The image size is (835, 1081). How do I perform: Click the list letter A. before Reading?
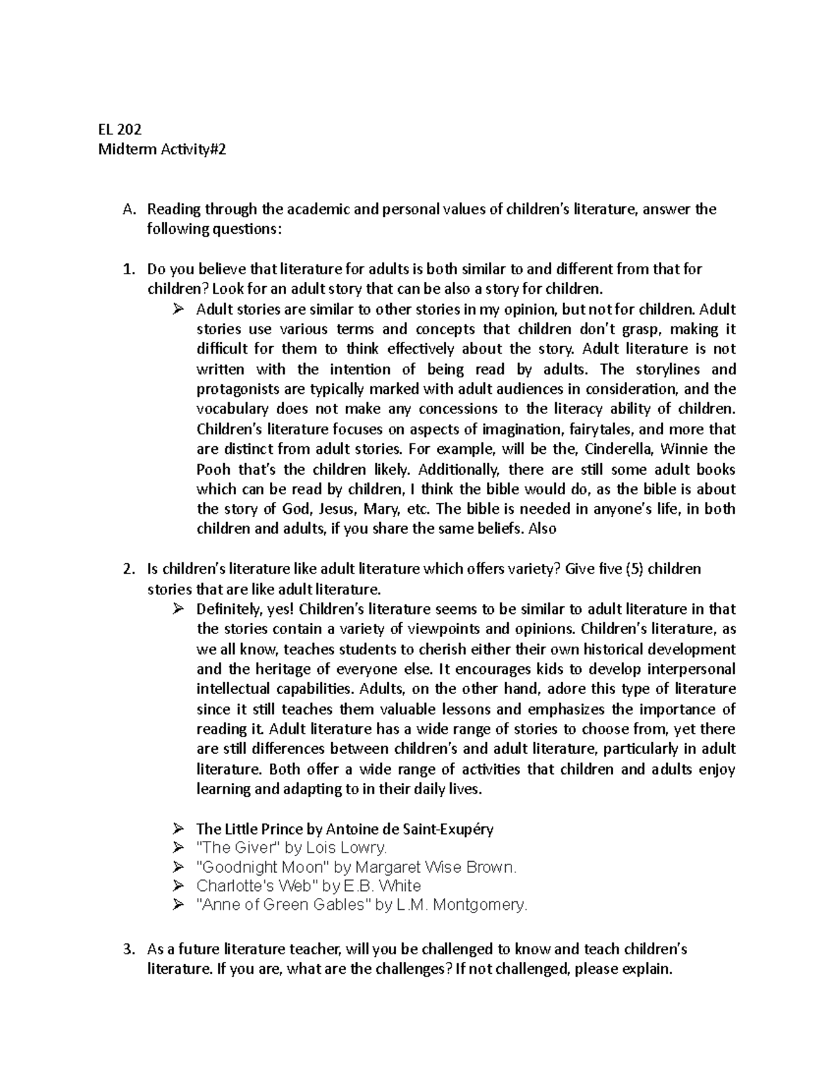pyautogui.click(x=127, y=209)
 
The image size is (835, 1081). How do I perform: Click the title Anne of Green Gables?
pyautogui.click(x=283, y=905)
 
